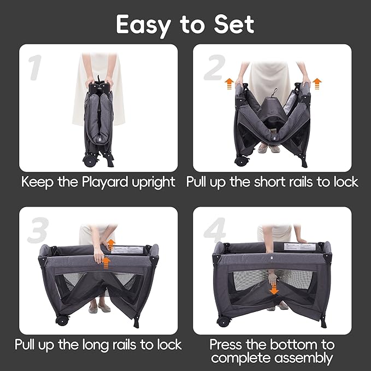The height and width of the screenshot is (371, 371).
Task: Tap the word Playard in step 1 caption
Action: pyautogui.click(x=96, y=182)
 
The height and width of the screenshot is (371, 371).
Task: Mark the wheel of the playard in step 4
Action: pyautogui.click(x=223, y=321)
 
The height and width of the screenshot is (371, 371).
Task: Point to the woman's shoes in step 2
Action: pyautogui.click(x=269, y=149)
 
